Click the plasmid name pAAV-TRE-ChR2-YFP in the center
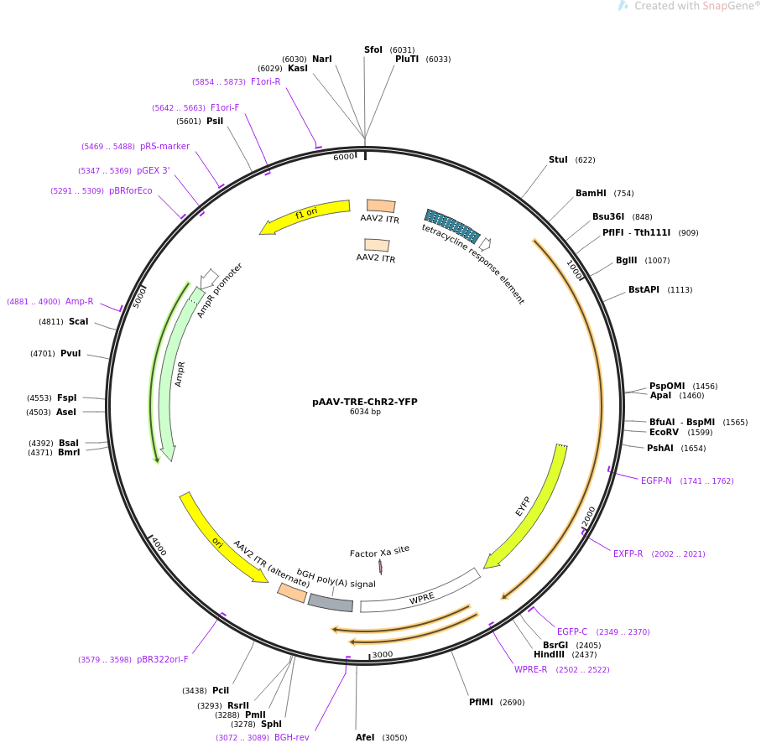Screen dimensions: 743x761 coord(364,402)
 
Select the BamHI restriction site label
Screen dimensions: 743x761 coord(591,194)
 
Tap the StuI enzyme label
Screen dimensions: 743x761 coord(558,160)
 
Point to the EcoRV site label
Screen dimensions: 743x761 coord(664,433)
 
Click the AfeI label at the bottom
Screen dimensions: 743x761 coord(365,737)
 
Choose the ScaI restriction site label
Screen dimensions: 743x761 coord(78,321)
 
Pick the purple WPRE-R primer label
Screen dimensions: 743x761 coord(530,669)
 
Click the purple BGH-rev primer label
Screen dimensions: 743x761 coord(291,737)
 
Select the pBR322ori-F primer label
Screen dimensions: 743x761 coord(162,659)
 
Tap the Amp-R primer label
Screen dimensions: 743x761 coord(79,301)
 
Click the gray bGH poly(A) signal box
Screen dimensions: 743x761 coord(330,602)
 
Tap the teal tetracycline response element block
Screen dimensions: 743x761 coord(452,226)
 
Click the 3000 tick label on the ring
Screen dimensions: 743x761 coord(382,654)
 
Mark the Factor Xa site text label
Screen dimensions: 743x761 coord(379,551)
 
